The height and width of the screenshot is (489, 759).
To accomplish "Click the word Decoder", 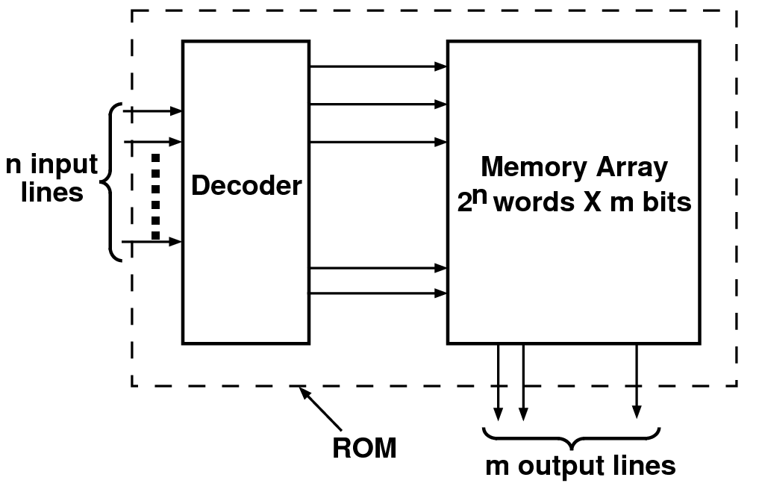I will pos(246,186).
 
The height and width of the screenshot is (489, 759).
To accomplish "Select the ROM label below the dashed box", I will pos(364,449).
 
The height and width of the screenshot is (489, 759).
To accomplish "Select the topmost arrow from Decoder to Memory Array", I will pos(378,66).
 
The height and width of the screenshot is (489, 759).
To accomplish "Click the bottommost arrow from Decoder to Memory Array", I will pos(378,293).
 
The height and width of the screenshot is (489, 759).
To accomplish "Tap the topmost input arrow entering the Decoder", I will pos(153,111).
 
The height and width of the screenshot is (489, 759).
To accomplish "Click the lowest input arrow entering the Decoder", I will pos(153,241).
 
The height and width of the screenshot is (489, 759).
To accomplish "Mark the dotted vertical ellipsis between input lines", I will pos(155,196).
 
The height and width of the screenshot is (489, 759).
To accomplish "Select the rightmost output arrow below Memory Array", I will pos(636,381).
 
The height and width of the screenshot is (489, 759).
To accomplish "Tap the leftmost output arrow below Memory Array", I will pos(498,381).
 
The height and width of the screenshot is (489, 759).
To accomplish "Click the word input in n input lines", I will pos(64,164).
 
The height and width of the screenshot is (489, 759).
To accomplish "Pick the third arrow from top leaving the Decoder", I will pos(378,141).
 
